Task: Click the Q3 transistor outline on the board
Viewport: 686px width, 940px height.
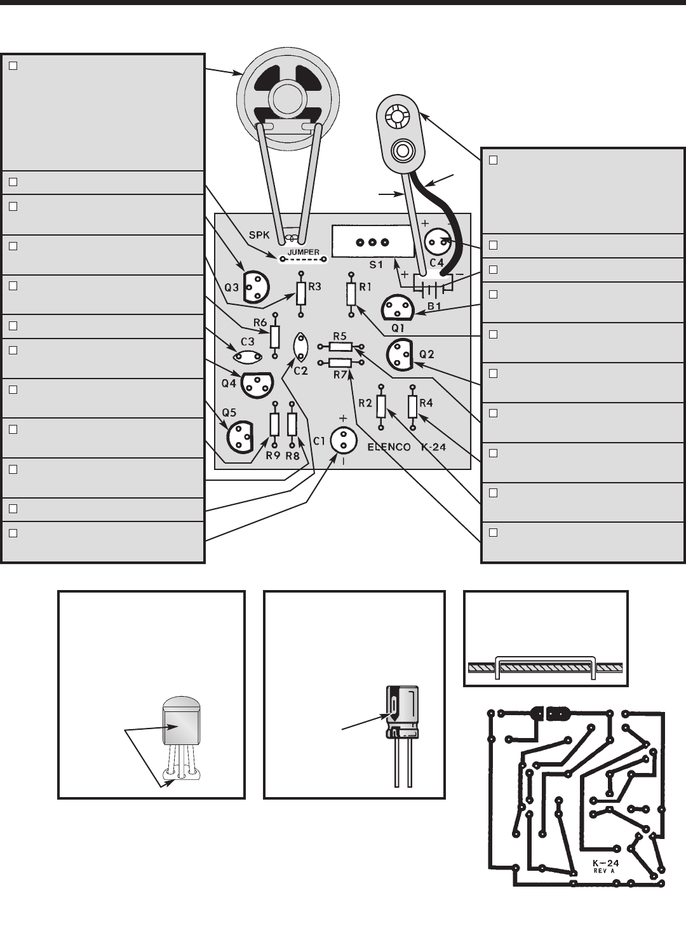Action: (x=252, y=286)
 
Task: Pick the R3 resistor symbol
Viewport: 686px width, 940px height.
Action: (x=301, y=293)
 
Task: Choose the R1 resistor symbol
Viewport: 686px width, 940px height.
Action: (x=351, y=293)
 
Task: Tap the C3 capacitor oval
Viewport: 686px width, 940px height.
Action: (x=248, y=356)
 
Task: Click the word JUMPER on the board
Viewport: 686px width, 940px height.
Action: (x=304, y=252)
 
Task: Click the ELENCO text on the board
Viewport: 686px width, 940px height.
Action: (x=389, y=447)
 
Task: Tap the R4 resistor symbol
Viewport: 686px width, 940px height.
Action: (x=412, y=406)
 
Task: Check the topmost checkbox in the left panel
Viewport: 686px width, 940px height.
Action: (x=13, y=65)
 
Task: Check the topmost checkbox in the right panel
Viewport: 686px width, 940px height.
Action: (x=494, y=159)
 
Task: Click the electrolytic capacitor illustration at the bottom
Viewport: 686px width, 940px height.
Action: (x=402, y=713)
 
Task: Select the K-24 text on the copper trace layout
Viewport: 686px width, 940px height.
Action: (x=605, y=863)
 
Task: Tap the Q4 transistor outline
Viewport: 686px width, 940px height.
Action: (x=254, y=384)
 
